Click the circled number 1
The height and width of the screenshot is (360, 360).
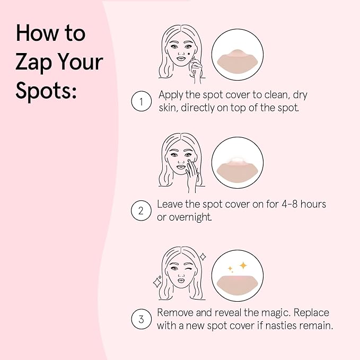[141, 101]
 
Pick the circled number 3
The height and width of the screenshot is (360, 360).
[141, 319]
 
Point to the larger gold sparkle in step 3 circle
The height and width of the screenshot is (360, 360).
[243, 265]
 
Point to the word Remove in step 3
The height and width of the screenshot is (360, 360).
[175, 313]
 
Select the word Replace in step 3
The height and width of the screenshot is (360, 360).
[310, 313]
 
